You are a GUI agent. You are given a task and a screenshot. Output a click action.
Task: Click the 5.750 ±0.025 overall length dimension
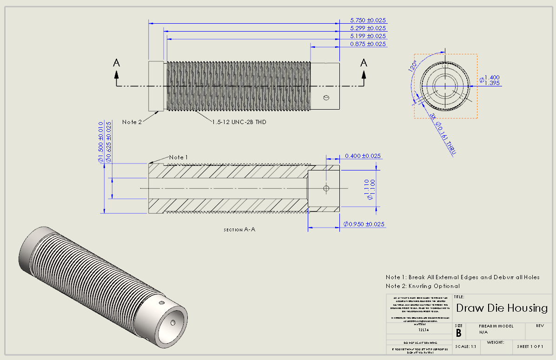pyautogui.click(x=368, y=20)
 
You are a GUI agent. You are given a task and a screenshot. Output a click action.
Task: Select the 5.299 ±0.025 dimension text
pyautogui.click(x=368, y=28)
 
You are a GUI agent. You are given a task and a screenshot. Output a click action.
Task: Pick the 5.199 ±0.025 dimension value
pyautogui.click(x=368, y=36)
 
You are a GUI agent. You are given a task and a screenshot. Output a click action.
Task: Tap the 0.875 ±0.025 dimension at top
pyautogui.click(x=368, y=44)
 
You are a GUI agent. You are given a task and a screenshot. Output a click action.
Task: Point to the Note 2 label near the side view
pyautogui.click(x=132, y=122)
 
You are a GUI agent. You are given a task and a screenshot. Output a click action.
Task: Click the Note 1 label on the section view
pyautogui.click(x=179, y=157)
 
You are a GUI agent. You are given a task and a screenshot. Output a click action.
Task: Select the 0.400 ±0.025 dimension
pyautogui.click(x=363, y=156)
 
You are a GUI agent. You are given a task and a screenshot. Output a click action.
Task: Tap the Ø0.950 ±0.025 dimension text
pyautogui.click(x=364, y=224)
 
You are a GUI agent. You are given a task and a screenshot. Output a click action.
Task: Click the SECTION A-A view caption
pyautogui.click(x=239, y=230)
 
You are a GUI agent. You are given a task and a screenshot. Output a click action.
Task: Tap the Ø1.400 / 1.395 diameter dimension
pyautogui.click(x=491, y=80)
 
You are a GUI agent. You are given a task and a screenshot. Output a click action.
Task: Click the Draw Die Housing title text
pyautogui.click(x=502, y=308)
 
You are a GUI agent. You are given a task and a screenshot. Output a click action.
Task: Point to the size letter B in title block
pyautogui.click(x=458, y=333)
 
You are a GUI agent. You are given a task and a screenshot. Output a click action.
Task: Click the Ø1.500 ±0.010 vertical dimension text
pyautogui.click(x=100, y=142)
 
